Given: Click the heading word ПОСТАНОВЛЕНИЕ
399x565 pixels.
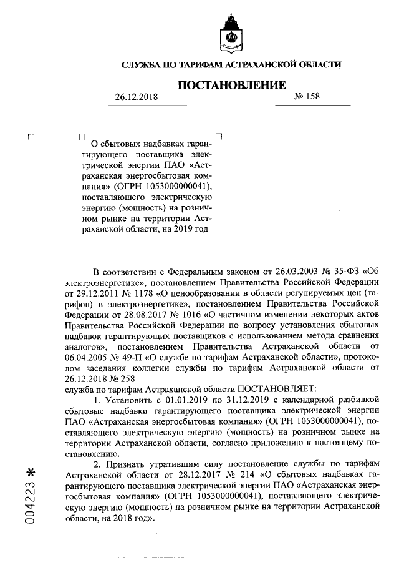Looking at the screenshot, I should tap(232, 84).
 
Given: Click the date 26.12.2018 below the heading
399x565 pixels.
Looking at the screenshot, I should tap(137, 98).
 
